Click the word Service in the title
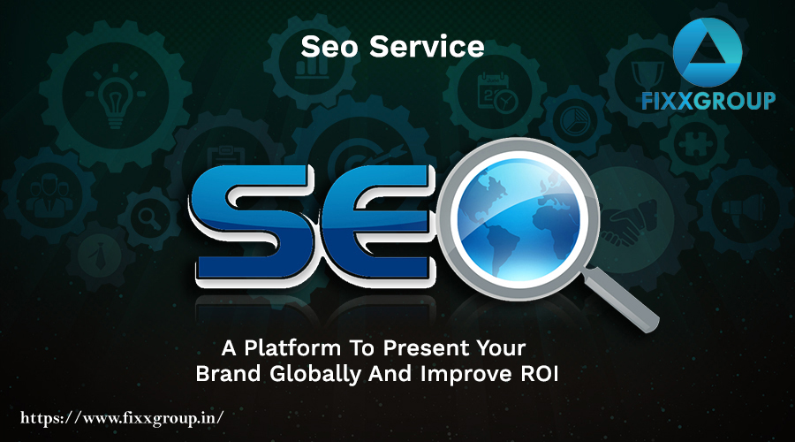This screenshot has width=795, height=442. [x=427, y=46]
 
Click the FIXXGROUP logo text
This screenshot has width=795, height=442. [x=708, y=101]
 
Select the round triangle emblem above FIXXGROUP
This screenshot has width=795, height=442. [x=708, y=52]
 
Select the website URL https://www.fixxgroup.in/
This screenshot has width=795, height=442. [x=122, y=418]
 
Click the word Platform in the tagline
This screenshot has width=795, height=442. [x=292, y=348]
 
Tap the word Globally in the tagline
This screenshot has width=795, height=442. [x=315, y=375]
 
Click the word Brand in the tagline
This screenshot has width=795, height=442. [x=228, y=374]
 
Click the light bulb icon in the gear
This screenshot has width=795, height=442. [x=115, y=95]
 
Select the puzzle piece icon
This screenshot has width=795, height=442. [x=696, y=144]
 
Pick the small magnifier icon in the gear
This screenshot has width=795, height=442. [x=149, y=218]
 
